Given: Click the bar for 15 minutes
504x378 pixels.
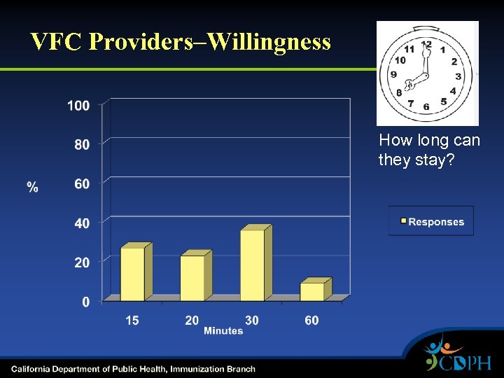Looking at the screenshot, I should (x=133, y=274).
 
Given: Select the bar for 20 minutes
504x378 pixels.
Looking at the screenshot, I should (x=192, y=278).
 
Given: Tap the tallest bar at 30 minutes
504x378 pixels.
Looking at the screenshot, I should (x=253, y=265).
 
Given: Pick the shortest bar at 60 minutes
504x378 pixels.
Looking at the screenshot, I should (x=312, y=291).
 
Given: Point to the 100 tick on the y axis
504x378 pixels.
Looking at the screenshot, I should (x=78, y=106).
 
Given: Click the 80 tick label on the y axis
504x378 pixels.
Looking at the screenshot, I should (x=82, y=145).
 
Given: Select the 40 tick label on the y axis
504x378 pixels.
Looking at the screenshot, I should (x=82, y=223).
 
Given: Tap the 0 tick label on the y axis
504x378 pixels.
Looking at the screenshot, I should (x=85, y=302).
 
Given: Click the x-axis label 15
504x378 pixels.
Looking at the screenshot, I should (x=132, y=320).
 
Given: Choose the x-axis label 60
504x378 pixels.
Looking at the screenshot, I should (x=311, y=320).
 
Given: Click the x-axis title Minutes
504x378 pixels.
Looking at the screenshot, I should (x=223, y=330).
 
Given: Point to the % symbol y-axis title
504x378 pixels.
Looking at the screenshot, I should (x=33, y=187).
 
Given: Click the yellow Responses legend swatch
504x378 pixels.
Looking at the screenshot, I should (x=403, y=222).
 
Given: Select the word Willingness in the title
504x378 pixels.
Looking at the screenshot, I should (x=269, y=42).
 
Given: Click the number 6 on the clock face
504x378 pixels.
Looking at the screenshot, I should (x=426, y=106).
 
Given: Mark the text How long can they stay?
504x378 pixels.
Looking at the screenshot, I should (x=429, y=150).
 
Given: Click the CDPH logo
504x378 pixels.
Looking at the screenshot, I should (x=458, y=356).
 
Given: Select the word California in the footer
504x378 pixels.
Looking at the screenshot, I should (x=33, y=369).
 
